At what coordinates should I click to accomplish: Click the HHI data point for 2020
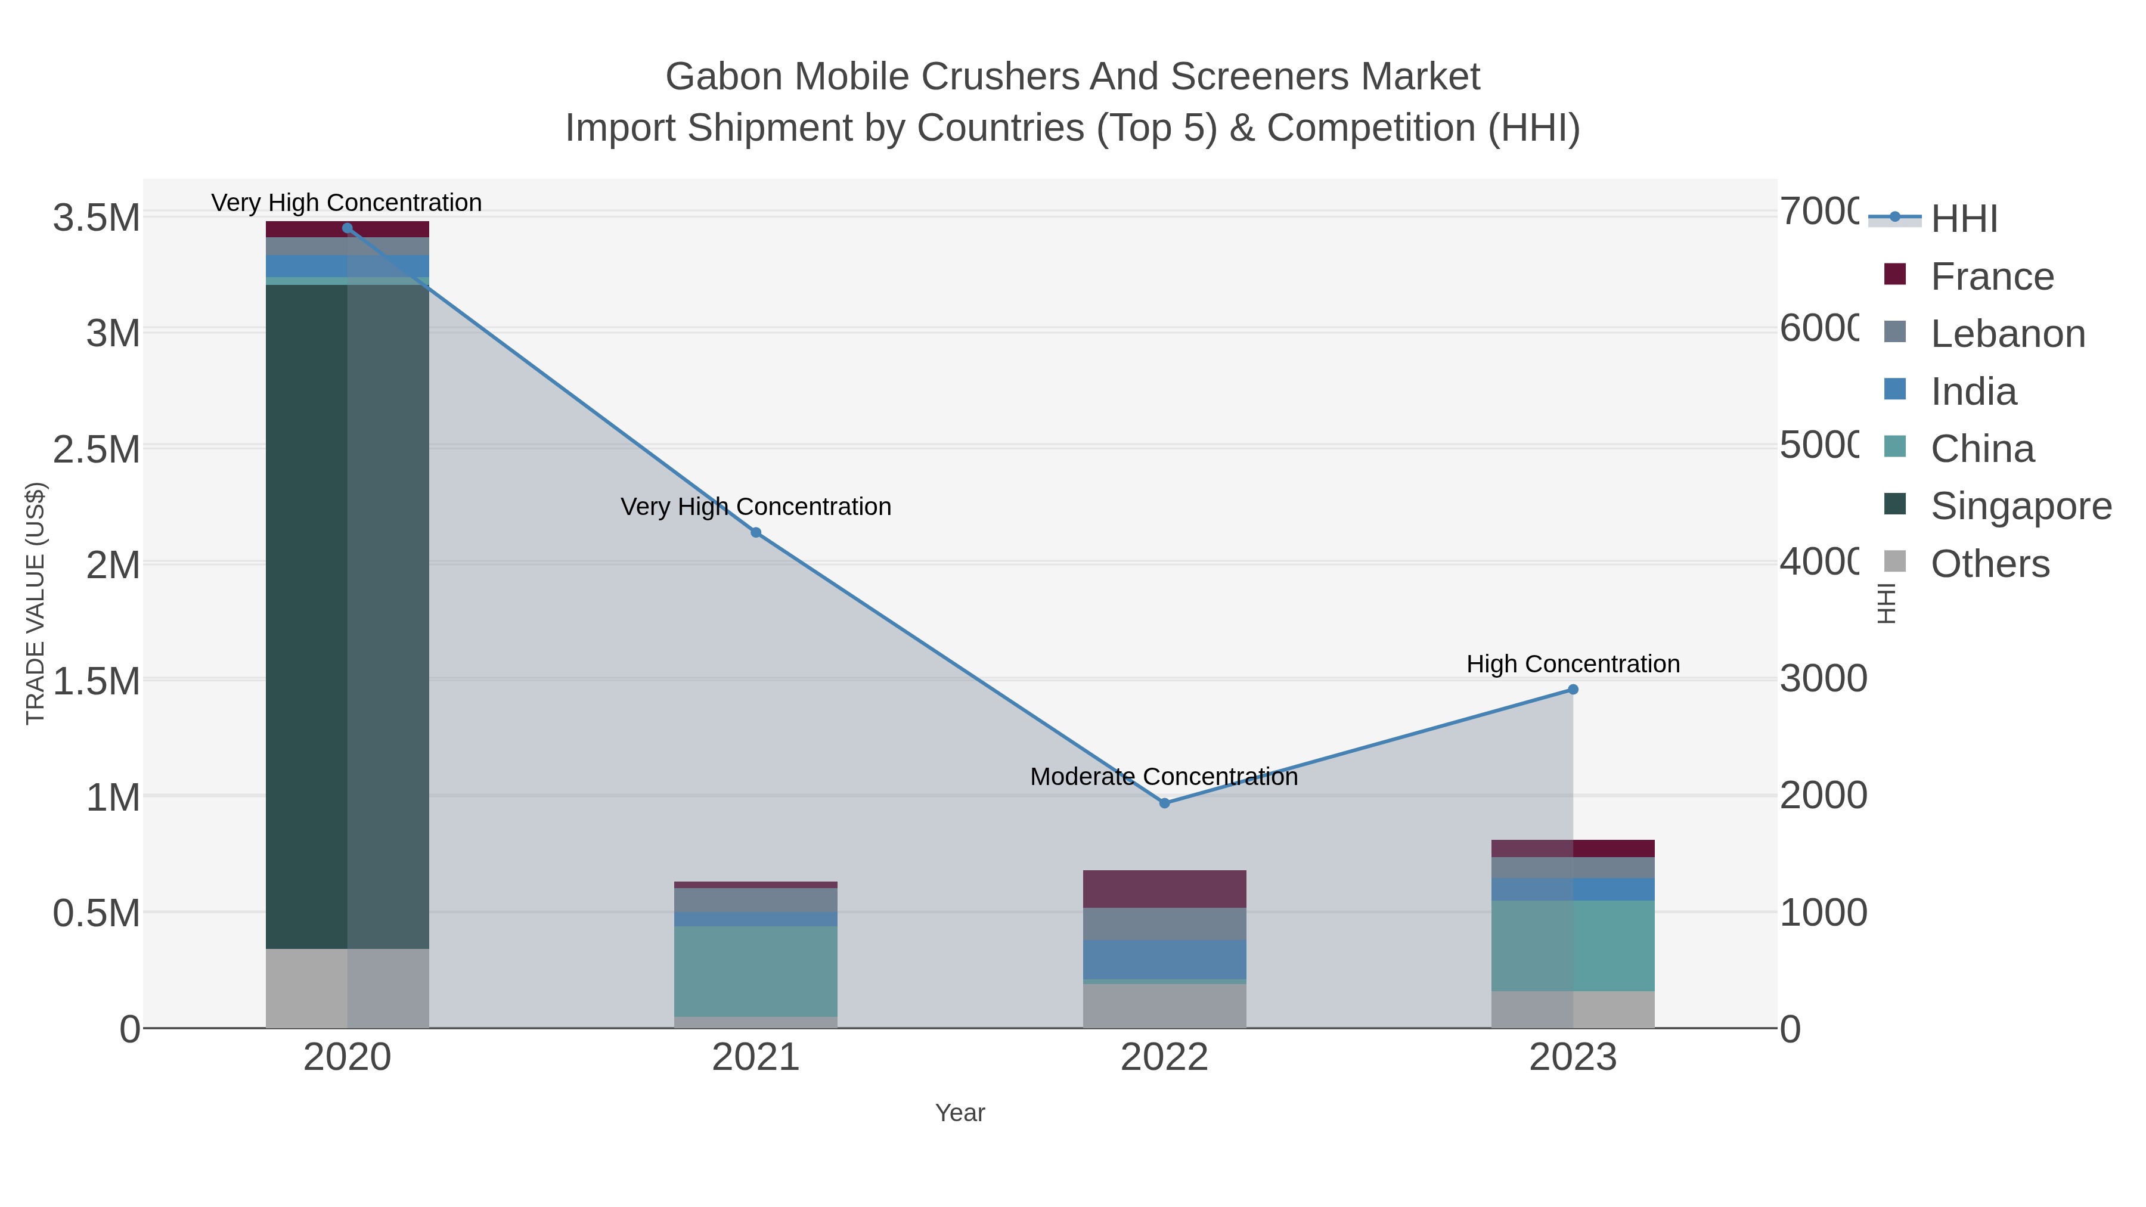coord(348,228)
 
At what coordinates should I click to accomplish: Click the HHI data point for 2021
coord(756,532)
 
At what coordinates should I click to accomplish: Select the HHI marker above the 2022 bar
coord(1165,803)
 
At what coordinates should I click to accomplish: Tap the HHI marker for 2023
coord(1573,690)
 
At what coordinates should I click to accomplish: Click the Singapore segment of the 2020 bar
coord(348,616)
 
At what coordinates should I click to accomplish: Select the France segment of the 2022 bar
coord(1165,889)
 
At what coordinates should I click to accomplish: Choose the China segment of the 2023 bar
coord(1573,945)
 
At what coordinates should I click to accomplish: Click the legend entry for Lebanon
coord(2008,334)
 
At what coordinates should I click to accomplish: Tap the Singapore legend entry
coord(2021,507)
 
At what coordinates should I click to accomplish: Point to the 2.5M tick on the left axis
coord(97,450)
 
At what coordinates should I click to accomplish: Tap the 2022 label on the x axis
coord(1165,1058)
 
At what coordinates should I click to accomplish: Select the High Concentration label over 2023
coord(1573,664)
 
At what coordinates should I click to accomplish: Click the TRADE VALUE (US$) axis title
coord(35,603)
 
